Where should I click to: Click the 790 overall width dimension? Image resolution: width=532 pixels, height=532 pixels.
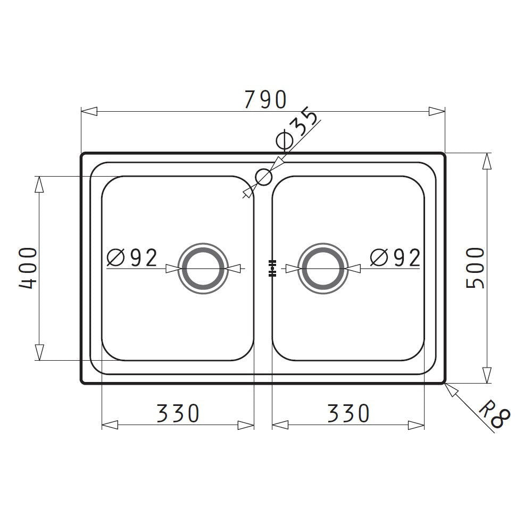click(x=265, y=99)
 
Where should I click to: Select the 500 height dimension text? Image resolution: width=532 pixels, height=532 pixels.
click(x=475, y=268)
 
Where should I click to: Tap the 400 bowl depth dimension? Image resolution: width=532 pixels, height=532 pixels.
click(x=28, y=268)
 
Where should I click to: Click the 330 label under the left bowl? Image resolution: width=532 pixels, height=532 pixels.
click(x=178, y=413)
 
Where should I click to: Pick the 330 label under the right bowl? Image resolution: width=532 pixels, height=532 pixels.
click(x=348, y=413)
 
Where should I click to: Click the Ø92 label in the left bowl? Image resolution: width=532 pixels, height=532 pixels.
click(x=132, y=258)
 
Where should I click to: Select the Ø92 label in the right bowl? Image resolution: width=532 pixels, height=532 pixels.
click(x=395, y=258)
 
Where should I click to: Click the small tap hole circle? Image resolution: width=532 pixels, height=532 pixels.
click(x=264, y=177)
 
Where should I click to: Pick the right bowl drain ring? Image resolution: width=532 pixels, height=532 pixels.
click(x=322, y=269)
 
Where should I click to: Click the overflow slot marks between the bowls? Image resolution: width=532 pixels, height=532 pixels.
click(x=272, y=269)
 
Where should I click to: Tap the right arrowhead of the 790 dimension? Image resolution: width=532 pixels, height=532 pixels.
click(x=437, y=112)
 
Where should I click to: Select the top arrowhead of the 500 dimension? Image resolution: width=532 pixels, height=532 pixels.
click(x=486, y=162)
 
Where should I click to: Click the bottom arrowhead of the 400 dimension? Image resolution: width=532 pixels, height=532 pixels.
click(x=39, y=352)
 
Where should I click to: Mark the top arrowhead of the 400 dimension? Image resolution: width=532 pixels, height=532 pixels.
click(x=39, y=184)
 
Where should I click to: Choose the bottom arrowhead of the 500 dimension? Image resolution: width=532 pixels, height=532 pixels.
click(x=486, y=375)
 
